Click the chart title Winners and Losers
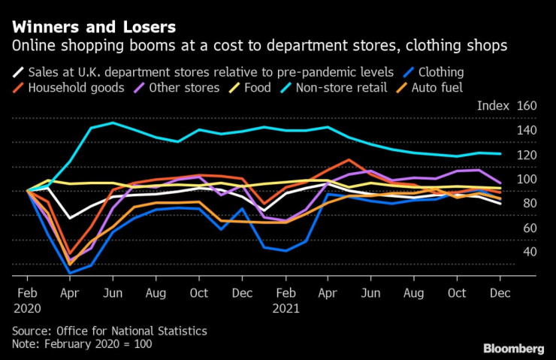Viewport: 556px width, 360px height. pos(93,28)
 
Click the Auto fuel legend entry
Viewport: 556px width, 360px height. pos(435,88)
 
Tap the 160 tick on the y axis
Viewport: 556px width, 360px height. pos(525,106)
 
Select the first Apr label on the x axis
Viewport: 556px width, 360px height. pos(70,294)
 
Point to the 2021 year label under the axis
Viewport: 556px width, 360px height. pos(286,308)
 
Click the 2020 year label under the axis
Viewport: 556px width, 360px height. pos(28,308)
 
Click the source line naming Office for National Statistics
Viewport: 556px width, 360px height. pos(109,331)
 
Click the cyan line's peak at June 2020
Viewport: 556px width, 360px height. pos(113,123)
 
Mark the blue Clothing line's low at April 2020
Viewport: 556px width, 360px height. pos(70,272)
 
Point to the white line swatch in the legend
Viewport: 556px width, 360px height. pos(17,73)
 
